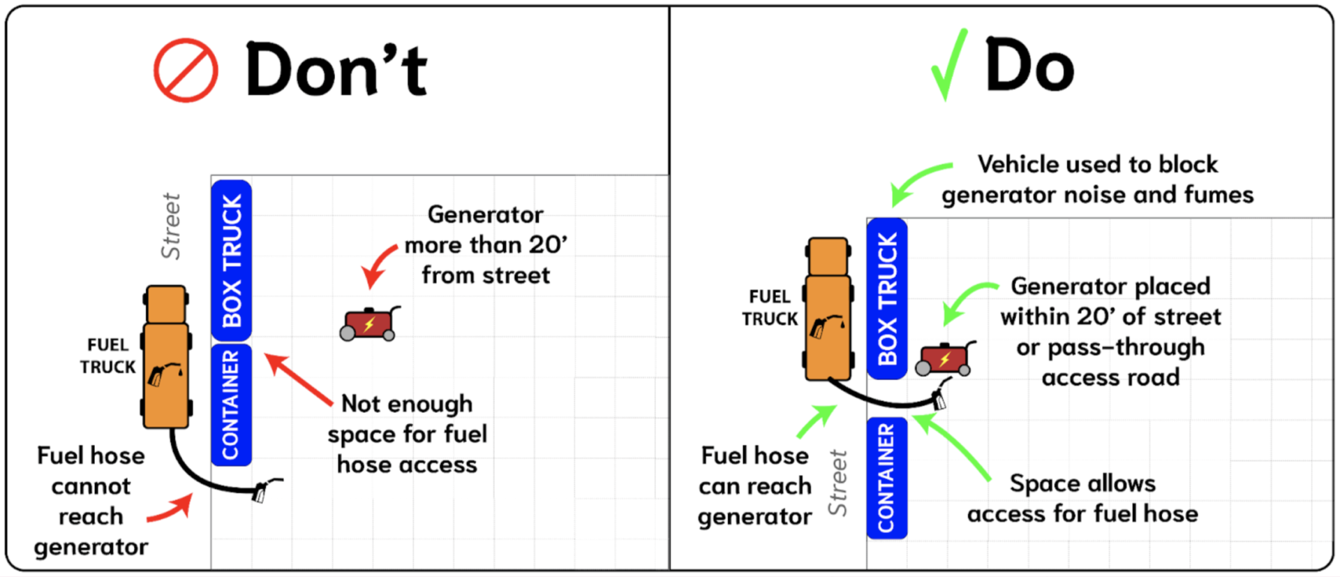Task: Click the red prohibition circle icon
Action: pos(186,71)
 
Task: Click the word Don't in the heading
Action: pos(336,70)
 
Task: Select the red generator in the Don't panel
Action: pos(369,324)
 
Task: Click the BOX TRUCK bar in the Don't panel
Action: pos(232,260)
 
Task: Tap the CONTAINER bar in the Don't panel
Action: pos(231,404)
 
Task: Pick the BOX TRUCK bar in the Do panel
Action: pos(887,298)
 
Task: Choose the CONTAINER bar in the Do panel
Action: pos(886,478)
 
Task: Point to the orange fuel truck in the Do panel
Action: pos(828,309)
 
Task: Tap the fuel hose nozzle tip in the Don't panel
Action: pos(261,492)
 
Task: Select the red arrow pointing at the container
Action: pos(298,380)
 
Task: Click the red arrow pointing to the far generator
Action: pos(380,265)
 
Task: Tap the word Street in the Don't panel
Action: pos(171,226)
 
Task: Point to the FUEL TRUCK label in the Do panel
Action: pos(769,307)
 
